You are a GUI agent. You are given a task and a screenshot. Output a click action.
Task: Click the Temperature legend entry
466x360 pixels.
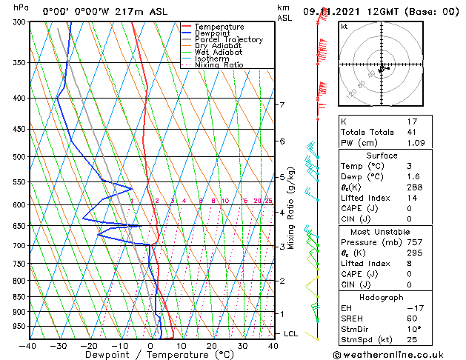click(219, 27)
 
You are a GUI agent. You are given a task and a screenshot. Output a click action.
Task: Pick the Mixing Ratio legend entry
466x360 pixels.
click(219, 65)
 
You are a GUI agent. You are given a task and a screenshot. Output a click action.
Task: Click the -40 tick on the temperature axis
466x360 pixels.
click(28, 346)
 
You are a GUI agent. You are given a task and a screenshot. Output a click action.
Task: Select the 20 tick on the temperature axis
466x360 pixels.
click(212, 346)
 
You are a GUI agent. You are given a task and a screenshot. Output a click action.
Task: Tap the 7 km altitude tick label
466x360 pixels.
click(282, 104)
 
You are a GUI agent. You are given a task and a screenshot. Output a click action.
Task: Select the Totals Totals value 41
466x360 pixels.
click(412, 132)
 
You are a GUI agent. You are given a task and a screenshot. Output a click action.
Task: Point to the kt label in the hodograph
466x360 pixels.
click(344, 26)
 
